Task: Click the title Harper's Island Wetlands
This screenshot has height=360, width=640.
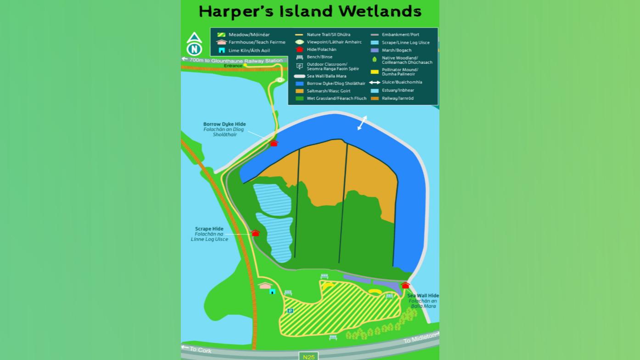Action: coord(310,11)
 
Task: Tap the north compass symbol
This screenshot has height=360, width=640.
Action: coord(194,45)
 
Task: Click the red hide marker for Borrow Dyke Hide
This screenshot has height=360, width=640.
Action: coord(274,143)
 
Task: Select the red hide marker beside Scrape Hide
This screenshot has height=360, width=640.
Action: coord(255,233)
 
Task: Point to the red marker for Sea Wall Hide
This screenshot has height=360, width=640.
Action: coord(405,286)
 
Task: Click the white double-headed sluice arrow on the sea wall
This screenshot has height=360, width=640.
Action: coord(362,123)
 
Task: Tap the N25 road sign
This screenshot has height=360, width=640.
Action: coord(309,356)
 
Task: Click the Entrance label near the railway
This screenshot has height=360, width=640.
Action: coord(233,66)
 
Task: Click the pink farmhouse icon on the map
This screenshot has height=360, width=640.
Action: coord(265,286)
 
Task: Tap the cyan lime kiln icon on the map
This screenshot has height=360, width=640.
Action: coord(272,291)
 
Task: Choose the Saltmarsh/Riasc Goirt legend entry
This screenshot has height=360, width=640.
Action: coord(328,91)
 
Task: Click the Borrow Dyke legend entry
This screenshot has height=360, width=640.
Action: coord(336,84)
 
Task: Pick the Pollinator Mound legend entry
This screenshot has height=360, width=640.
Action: coord(399,72)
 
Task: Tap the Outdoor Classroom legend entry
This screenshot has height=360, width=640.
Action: coord(332,67)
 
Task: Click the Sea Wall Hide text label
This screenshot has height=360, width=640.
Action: coord(423,296)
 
